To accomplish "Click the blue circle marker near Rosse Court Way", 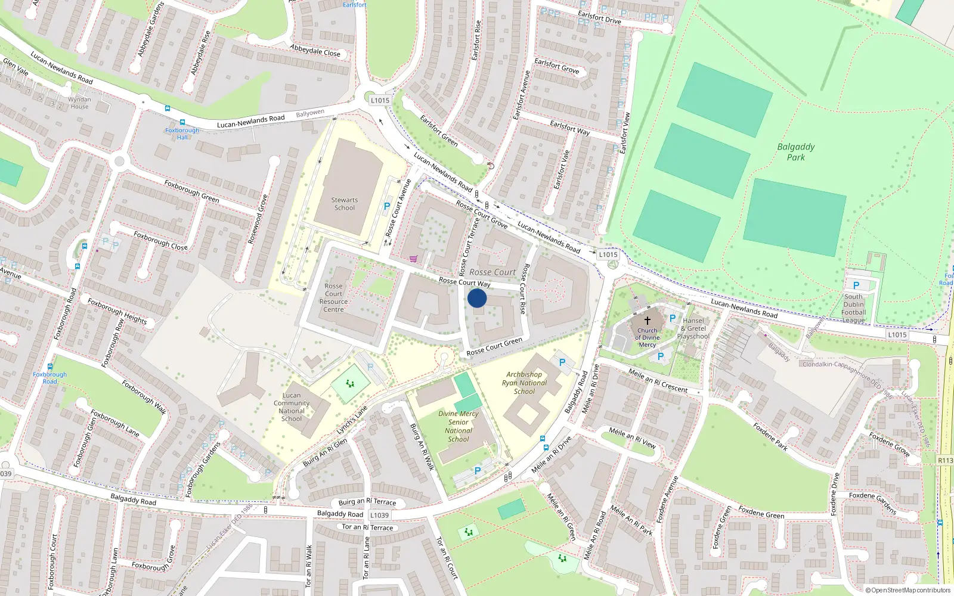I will point(477,298).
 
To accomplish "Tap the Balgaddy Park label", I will point(795,152).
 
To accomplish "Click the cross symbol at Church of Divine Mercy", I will point(647,321).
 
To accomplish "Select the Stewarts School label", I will point(345,204).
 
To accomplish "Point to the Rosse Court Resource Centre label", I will point(333,297).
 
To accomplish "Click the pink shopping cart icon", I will point(413,259).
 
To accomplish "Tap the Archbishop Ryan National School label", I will point(524,383).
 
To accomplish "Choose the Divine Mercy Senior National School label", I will point(458,426).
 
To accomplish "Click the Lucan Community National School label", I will point(292,407).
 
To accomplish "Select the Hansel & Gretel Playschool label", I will point(693,328).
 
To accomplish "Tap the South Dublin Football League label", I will point(854,308).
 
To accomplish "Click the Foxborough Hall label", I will point(182,134).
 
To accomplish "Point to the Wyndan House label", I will point(79,103).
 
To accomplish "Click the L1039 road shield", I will point(379,515).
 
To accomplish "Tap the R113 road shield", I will point(945,460).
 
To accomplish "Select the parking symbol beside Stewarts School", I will point(387,206).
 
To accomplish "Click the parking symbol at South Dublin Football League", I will point(856,285).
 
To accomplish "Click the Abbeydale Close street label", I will point(315,51).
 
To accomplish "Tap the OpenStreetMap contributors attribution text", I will point(908,591).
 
